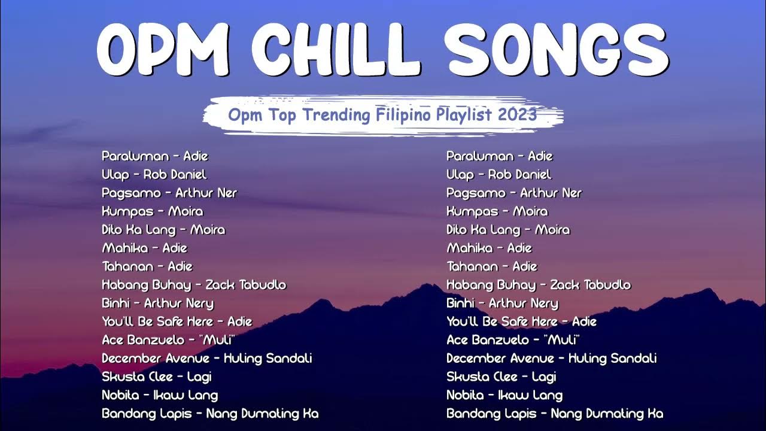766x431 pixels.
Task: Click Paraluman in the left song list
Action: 135,156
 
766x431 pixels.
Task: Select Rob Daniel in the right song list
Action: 519,175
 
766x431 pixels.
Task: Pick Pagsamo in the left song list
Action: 132,193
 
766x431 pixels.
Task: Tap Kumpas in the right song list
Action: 472,211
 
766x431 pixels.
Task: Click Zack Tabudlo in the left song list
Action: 245,285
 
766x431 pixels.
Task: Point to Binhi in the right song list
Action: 461,303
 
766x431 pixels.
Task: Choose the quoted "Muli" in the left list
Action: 210,340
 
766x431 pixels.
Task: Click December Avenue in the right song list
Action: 500,359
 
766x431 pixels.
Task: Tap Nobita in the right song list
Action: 465,395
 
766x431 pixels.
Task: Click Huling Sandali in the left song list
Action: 268,359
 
